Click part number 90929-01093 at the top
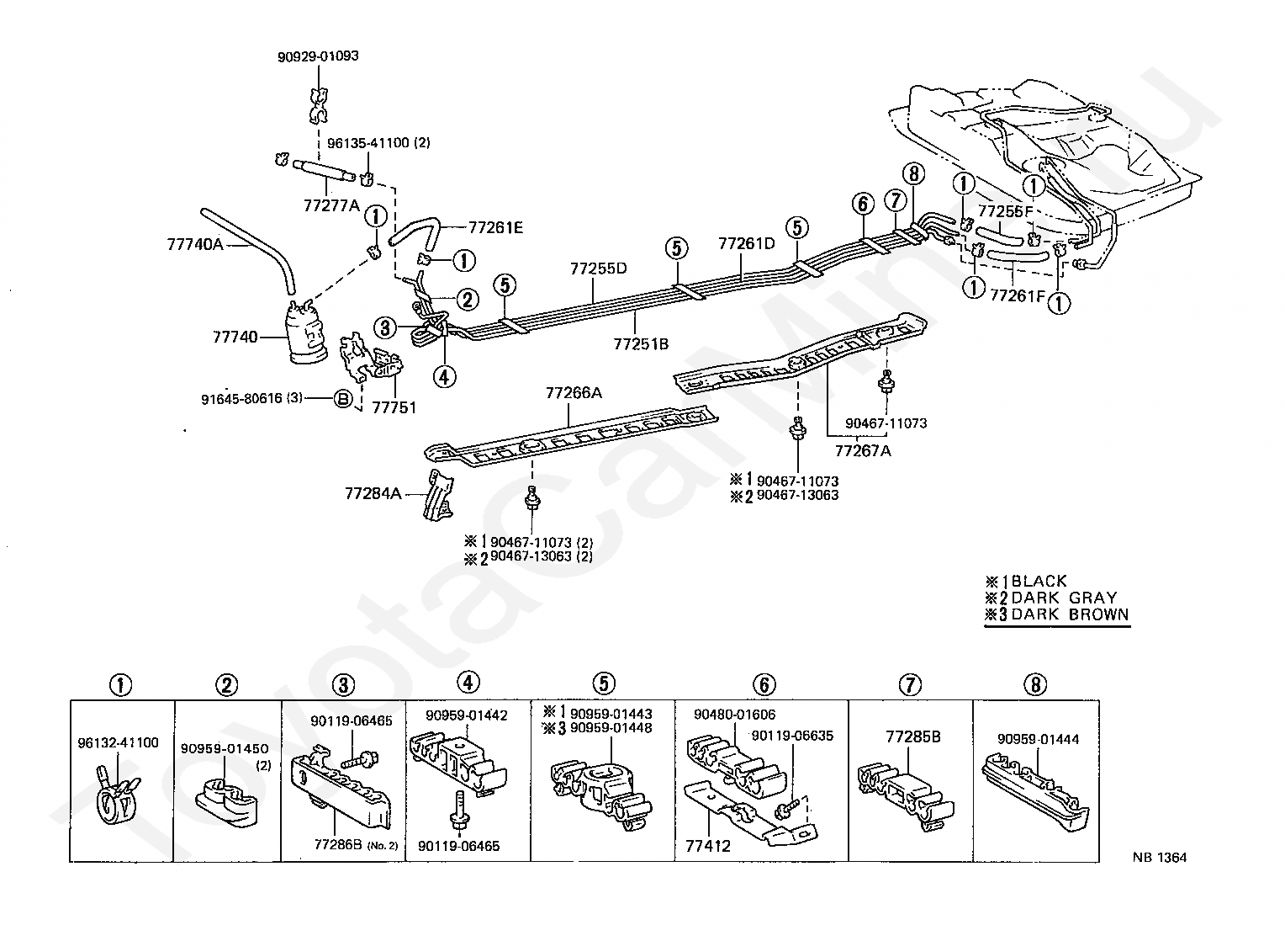coord(318,57)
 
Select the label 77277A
coord(331,205)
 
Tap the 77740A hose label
coord(195,245)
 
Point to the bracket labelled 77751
coord(394,407)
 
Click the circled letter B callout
coord(343,399)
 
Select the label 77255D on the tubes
coord(598,269)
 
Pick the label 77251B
coord(641,343)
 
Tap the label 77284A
coord(373,493)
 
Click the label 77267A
coord(862,449)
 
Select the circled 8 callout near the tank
coord(914,175)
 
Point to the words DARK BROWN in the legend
coord(1070,614)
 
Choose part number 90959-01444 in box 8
coord(1038,740)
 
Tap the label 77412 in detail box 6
coord(704,846)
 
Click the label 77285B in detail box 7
coord(912,737)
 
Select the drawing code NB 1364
coord(1158,858)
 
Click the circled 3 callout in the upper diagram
coord(384,327)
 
